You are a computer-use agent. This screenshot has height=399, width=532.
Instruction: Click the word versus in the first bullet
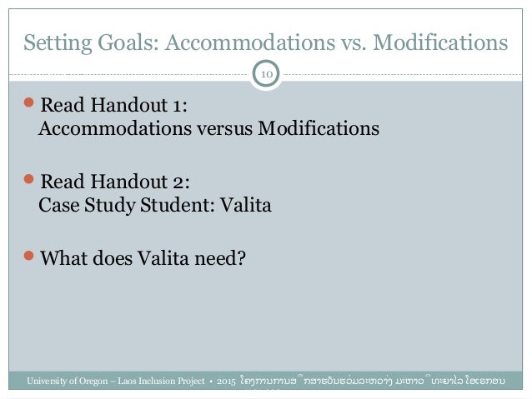click(226, 130)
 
